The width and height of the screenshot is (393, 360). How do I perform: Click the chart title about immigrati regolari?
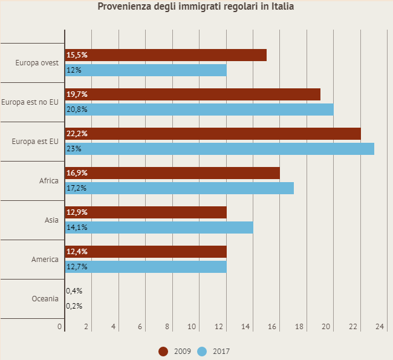pyautogui.click(x=196, y=7)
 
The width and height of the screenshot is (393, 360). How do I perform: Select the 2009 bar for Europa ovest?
pyautogui.click(x=166, y=55)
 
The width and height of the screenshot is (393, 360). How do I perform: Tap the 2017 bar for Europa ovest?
pyautogui.click(x=146, y=70)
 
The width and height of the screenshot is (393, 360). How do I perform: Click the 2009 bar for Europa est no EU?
pyautogui.click(x=192, y=94)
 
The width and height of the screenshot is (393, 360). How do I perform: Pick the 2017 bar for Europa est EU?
pyautogui.click(x=219, y=149)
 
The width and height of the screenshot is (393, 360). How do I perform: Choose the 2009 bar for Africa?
pyautogui.click(x=172, y=173)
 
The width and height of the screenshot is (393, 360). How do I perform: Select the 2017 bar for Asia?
pyautogui.click(x=159, y=227)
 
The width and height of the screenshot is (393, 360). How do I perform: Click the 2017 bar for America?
pyautogui.click(x=146, y=267)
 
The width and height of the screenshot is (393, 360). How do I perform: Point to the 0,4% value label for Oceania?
pyautogui.click(x=74, y=291)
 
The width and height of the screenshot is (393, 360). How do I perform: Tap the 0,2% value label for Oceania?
pyautogui.click(x=74, y=306)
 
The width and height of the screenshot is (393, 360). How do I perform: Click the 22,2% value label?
pyautogui.click(x=77, y=134)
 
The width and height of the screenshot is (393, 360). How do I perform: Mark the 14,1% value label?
pyautogui.click(x=77, y=227)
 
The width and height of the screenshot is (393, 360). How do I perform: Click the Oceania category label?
pyautogui.click(x=45, y=299)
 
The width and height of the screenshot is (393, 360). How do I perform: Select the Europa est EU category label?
pyautogui.click(x=35, y=142)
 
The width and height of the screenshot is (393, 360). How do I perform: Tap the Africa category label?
pyautogui.click(x=49, y=181)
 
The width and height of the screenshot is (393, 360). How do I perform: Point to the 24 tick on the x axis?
pyautogui.click(x=380, y=327)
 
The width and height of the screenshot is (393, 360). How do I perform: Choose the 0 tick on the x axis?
pyautogui.click(x=60, y=327)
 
